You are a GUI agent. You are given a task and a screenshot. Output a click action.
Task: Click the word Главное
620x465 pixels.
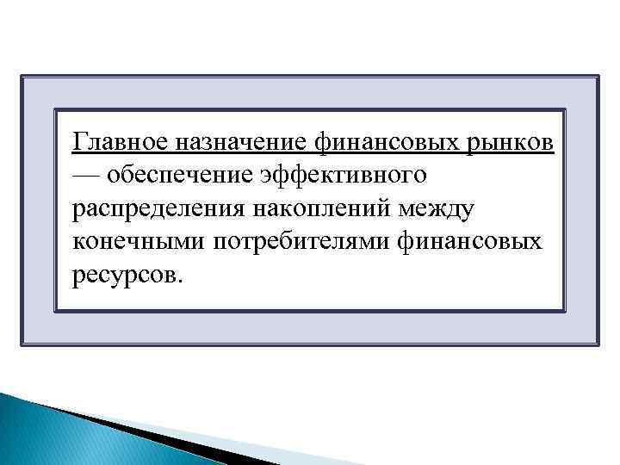pyautogui.click(x=122, y=139)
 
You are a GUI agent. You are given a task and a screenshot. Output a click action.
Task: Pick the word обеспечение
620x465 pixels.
pyautogui.click(x=180, y=175)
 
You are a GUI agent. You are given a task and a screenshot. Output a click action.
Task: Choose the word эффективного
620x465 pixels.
pyautogui.click(x=344, y=175)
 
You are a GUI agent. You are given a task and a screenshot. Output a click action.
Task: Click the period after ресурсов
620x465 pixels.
pyautogui.click(x=180, y=282)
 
